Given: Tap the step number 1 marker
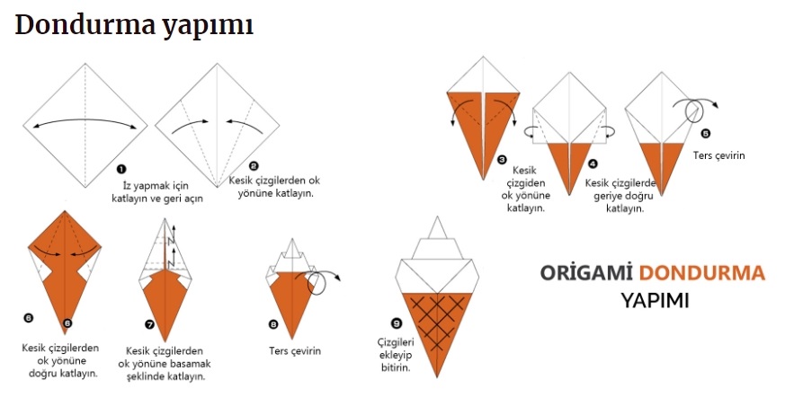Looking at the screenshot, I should pyautogui.click(x=121, y=168).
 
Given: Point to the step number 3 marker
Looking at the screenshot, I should pyautogui.click(x=502, y=160).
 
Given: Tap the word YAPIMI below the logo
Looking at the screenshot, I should pyautogui.click(x=655, y=300).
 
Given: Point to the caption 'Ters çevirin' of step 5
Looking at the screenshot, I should pyautogui.click(x=719, y=155).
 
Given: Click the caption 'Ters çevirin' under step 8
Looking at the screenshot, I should pyautogui.click(x=294, y=350).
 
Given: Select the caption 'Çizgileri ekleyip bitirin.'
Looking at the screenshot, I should pyautogui.click(x=394, y=355).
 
